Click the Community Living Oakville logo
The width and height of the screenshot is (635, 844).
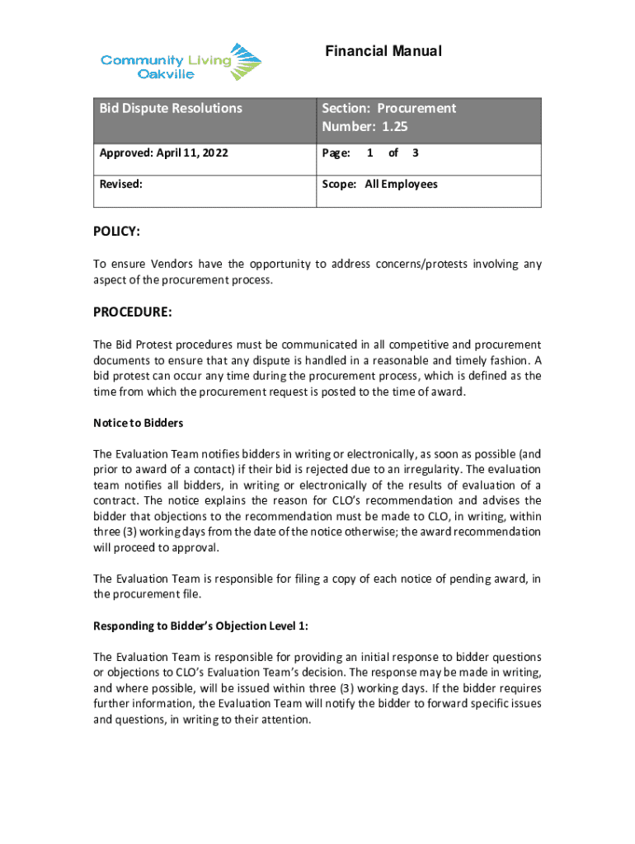(x=181, y=62)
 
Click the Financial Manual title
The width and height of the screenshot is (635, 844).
(x=383, y=52)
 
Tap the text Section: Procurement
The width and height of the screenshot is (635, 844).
(x=388, y=108)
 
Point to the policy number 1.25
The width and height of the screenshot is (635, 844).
(x=389, y=127)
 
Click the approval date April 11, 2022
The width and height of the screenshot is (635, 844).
(x=192, y=153)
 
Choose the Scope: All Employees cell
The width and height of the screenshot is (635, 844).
(x=379, y=185)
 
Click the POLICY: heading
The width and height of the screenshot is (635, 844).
(x=116, y=232)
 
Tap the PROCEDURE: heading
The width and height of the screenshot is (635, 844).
(x=132, y=312)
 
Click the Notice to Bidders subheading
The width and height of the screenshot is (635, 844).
(x=138, y=423)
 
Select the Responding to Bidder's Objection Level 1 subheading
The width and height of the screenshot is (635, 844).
(x=201, y=626)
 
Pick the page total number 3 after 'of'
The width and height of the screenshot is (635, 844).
(x=414, y=153)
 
